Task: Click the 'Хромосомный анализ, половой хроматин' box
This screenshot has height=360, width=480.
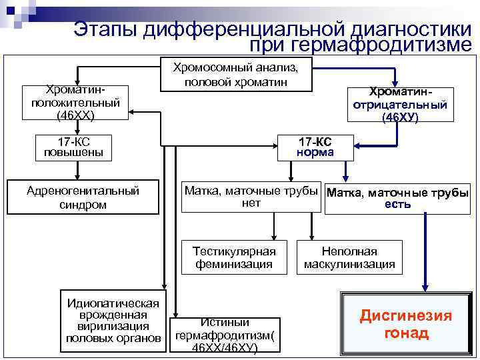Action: click(x=236, y=74)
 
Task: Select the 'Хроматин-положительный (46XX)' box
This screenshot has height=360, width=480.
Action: click(x=75, y=102)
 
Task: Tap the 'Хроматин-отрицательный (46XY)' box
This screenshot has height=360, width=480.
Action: click(x=400, y=105)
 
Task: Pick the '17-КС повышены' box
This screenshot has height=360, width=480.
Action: click(x=73, y=147)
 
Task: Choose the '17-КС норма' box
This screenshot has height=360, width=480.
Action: click(x=315, y=147)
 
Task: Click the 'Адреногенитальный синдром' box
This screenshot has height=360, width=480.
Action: click(x=83, y=197)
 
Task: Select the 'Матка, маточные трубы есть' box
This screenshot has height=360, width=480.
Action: click(x=397, y=199)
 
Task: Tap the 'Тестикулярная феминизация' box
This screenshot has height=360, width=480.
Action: click(x=234, y=258)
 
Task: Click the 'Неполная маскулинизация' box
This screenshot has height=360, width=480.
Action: click(x=349, y=258)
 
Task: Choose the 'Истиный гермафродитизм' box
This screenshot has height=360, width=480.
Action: click(x=224, y=334)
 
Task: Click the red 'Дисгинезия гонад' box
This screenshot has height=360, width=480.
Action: click(x=406, y=324)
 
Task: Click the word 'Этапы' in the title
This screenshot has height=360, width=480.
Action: click(x=103, y=29)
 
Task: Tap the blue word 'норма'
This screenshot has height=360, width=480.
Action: click(x=315, y=153)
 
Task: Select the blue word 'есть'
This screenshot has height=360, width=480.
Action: click(x=397, y=204)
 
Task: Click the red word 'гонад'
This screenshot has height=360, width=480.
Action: click(x=406, y=333)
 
